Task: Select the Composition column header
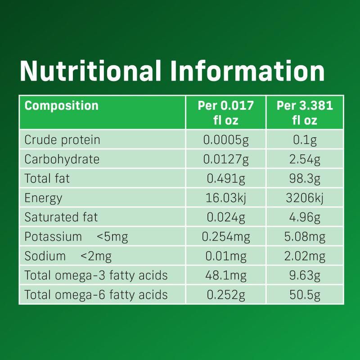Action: tap(61, 106)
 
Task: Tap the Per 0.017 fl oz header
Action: tap(226, 112)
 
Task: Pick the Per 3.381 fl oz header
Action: tap(305, 112)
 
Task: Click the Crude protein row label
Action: tap(62, 139)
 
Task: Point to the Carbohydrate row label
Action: tap(62, 159)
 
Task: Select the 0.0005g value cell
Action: tap(226, 139)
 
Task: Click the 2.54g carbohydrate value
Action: tap(305, 159)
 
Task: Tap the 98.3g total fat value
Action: tap(305, 178)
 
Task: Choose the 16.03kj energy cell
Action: tap(226, 198)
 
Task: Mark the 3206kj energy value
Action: tap(305, 198)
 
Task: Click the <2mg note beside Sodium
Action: tap(96, 256)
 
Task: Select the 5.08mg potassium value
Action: tap(305, 236)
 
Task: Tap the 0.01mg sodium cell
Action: tap(226, 256)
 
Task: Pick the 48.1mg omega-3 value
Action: tap(226, 275)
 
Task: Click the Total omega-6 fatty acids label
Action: tap(96, 294)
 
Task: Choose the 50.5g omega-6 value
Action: tap(305, 294)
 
